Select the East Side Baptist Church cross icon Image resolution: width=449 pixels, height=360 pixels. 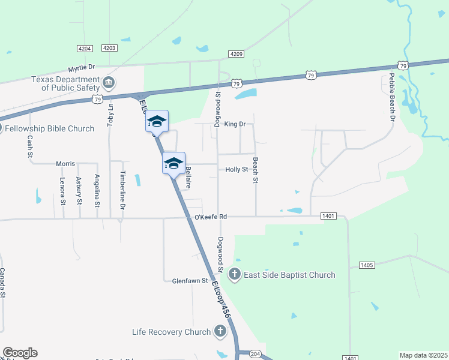click(235, 275)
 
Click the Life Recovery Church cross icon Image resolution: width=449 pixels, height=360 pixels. click(220, 331)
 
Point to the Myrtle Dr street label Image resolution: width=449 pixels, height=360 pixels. click(82, 69)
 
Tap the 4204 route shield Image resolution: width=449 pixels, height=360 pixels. click(85, 48)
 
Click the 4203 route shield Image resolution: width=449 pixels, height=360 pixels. click(109, 48)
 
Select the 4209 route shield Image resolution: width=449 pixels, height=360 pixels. click(236, 54)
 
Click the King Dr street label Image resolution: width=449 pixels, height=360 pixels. click(235, 124)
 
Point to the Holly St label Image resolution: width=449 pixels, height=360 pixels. click(237, 170)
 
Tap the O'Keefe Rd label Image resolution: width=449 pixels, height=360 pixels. click(211, 217)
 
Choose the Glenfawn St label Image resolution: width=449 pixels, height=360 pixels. click(190, 281)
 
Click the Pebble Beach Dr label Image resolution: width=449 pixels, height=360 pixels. click(391, 97)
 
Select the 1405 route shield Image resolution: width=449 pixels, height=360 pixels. click(367, 265)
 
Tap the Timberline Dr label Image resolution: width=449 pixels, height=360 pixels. click(122, 190)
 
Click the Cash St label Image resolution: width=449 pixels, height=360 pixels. click(29, 146)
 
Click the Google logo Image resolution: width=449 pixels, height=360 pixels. click(20, 353)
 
